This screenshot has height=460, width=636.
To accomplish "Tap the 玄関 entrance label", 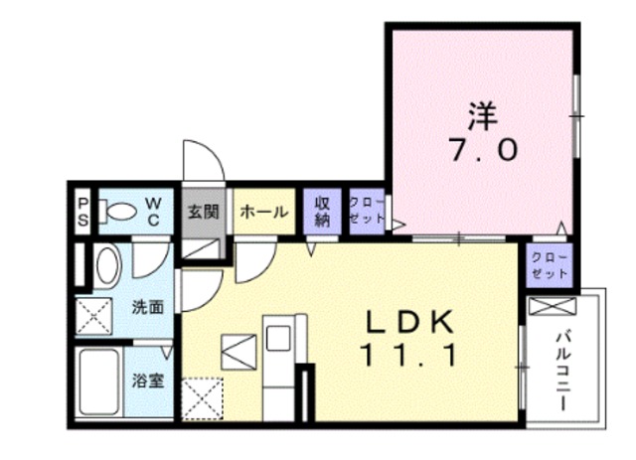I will pos(202,213).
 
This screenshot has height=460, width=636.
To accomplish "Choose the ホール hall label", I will pos(264,212).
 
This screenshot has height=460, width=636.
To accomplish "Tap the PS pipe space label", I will pos(83,213).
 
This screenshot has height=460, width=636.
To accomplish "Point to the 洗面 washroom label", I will pos(148,307).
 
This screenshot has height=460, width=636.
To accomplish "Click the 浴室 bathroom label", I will pos(149,380).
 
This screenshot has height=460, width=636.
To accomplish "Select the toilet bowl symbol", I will pos(120,212).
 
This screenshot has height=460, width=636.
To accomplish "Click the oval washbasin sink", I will pos(106,267).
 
